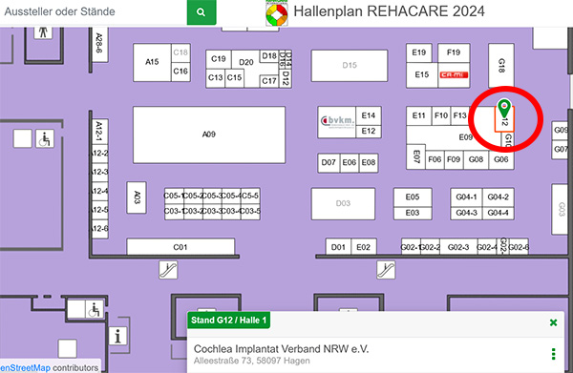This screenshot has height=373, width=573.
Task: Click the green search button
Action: (201, 12)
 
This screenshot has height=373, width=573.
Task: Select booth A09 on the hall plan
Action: (208, 135)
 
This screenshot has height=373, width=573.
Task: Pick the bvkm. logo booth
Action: (336, 121)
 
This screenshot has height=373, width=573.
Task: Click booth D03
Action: (343, 203)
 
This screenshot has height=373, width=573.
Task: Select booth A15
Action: (152, 62)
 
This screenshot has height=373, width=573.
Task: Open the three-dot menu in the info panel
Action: (554, 354)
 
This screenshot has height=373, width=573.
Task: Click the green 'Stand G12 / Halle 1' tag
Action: (229, 320)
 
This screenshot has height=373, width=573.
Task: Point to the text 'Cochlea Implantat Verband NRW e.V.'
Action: (282, 347)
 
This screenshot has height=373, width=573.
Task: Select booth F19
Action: (453, 52)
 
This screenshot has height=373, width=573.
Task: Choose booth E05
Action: (413, 197)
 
